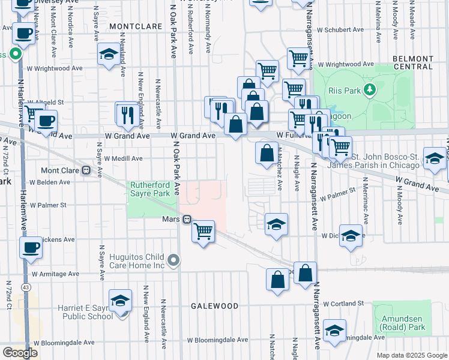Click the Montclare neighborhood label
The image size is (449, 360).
(136, 27)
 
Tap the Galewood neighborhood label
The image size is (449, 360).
(214, 305)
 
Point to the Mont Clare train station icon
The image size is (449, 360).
(86, 170)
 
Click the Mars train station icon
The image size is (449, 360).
(187, 219)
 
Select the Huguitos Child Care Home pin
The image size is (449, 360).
(174, 260)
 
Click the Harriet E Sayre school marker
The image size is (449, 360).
(120, 301)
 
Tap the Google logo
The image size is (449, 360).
(19, 353)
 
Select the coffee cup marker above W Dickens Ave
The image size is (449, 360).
(31, 246)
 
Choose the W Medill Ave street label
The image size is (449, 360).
(123, 158)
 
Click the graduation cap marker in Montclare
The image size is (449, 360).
(109, 55)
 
